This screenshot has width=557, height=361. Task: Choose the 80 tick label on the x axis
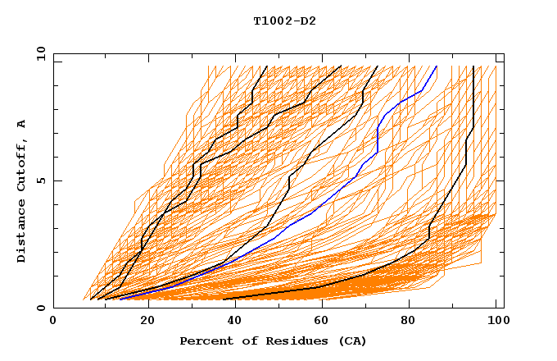pyautogui.click(x=408, y=322)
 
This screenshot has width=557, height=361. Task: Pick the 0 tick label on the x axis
pyautogui.click(x=54, y=322)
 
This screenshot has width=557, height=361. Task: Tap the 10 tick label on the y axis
pyautogui.click(x=41, y=53)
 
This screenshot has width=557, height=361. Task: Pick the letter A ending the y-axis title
pyautogui.click(x=22, y=123)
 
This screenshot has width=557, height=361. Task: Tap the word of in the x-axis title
pyautogui.click(x=247, y=340)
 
